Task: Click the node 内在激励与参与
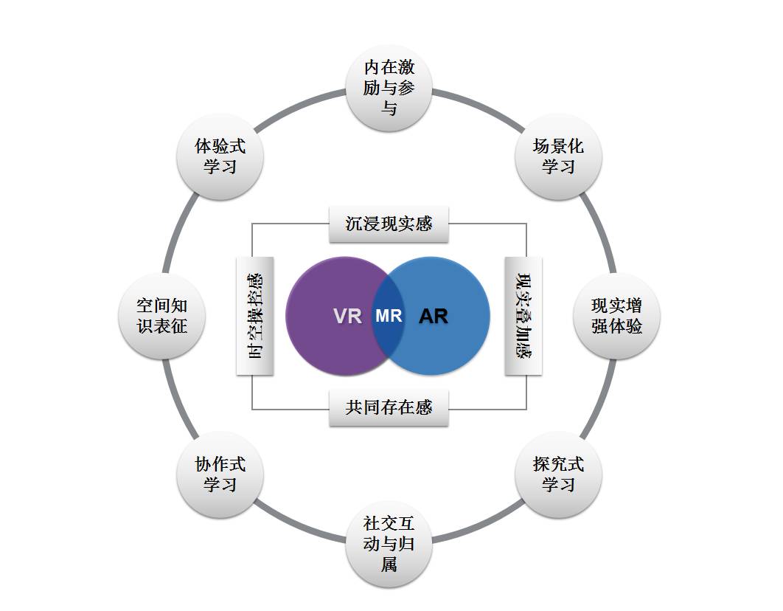click(x=389, y=88)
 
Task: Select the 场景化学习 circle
click(x=558, y=156)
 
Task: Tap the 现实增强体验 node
click(x=616, y=316)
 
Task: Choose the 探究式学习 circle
click(x=558, y=474)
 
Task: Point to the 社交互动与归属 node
click(x=389, y=544)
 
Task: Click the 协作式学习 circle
click(x=220, y=474)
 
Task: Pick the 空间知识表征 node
click(x=161, y=316)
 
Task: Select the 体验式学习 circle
click(x=220, y=156)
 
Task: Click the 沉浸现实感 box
click(x=389, y=224)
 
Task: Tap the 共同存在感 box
click(x=389, y=407)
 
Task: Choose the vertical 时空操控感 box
click(x=254, y=316)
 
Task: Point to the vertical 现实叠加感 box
click(x=523, y=316)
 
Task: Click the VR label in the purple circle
click(x=347, y=317)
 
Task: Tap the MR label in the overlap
click(x=389, y=316)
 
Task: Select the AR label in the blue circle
click(x=434, y=317)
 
